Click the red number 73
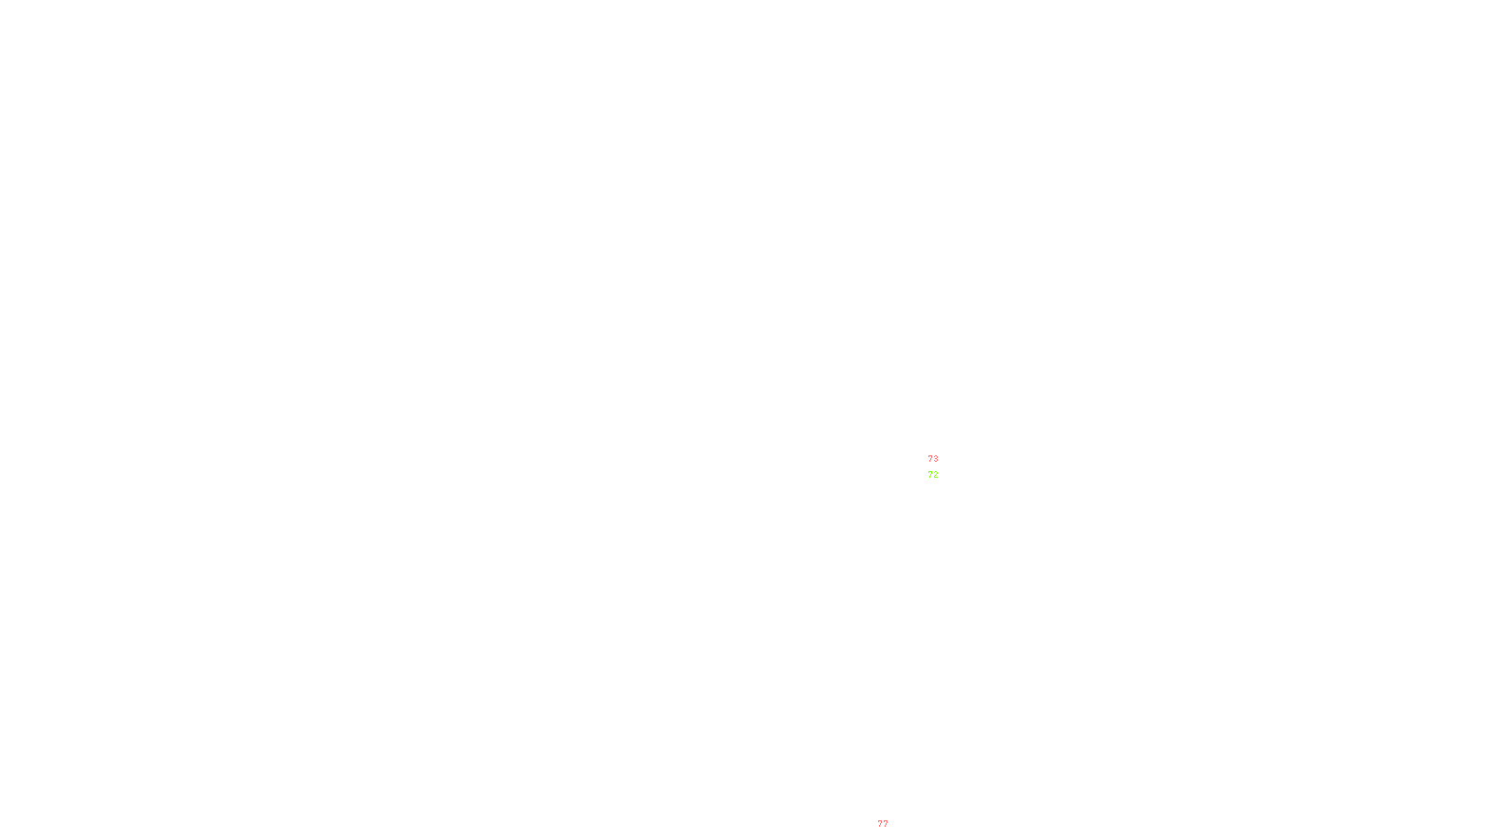tap(933, 459)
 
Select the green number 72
tap(933, 475)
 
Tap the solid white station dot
tap(942, 466)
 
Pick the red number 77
tap(883, 824)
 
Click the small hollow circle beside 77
tap(892, 832)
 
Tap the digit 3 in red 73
tap(936, 459)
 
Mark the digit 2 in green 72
tap(936, 475)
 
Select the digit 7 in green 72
tap(930, 475)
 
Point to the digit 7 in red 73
tap(930, 459)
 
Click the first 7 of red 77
tap(880, 824)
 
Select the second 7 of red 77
tap(886, 824)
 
